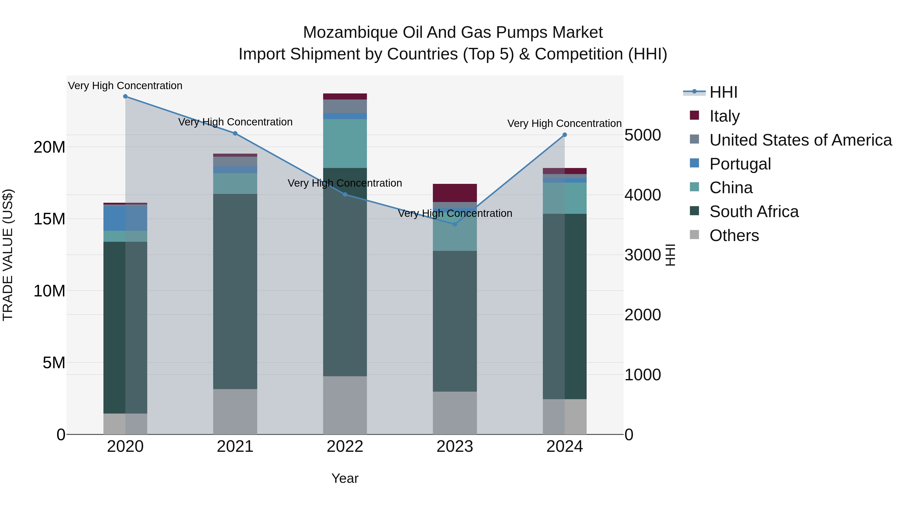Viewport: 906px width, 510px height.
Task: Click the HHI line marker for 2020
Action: click(125, 96)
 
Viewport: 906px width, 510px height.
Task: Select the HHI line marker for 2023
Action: click(455, 224)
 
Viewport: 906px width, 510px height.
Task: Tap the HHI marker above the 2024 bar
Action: click(564, 135)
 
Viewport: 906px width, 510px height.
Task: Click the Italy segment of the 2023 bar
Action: click(455, 193)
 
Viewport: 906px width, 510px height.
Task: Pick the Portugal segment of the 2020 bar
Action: click(125, 218)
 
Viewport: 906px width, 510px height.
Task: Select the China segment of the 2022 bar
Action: click(345, 144)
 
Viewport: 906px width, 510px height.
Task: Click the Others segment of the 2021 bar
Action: click(235, 412)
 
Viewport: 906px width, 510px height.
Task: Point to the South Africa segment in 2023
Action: click(455, 321)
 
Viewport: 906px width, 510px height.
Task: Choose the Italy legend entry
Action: click(725, 116)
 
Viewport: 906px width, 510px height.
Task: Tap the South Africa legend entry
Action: click(754, 212)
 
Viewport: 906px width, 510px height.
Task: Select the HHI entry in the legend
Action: click(723, 92)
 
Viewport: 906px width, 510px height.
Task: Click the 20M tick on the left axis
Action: click(49, 147)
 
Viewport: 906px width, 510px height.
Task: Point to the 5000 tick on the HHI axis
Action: click(643, 135)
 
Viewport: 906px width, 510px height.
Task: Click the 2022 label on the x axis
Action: click(345, 447)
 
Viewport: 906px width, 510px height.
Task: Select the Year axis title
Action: click(345, 478)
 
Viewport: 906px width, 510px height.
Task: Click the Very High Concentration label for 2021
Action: click(235, 122)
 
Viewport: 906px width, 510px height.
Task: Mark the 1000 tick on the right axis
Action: click(643, 375)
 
